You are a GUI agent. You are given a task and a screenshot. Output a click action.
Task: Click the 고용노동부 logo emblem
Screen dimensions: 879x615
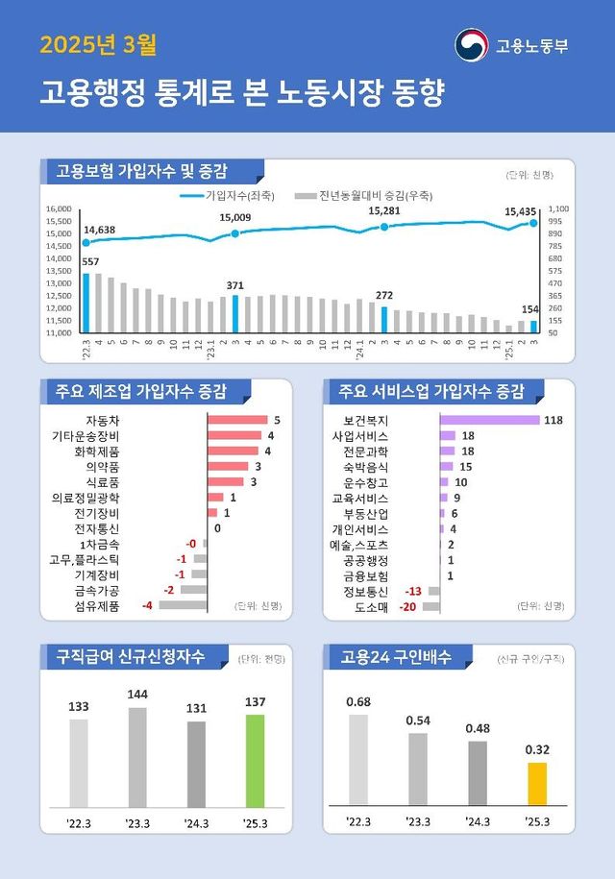pyautogui.click(x=471, y=45)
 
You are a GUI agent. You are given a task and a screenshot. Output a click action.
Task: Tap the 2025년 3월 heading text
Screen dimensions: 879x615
pyautogui.click(x=97, y=44)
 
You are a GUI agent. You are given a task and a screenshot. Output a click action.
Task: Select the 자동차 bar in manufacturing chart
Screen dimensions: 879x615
pyautogui.click(x=237, y=420)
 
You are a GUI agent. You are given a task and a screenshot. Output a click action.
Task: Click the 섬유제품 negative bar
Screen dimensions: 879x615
pyautogui.click(x=183, y=605)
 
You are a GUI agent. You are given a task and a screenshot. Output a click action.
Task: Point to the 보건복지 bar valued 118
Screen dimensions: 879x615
pyautogui.click(x=489, y=420)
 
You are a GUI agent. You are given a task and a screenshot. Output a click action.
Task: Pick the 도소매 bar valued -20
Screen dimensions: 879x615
pyautogui.click(x=430, y=606)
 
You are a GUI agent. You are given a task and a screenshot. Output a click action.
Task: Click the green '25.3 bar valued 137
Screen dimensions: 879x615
pyautogui.click(x=255, y=760)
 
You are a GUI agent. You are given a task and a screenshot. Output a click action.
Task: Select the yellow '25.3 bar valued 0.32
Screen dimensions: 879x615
pyautogui.click(x=537, y=783)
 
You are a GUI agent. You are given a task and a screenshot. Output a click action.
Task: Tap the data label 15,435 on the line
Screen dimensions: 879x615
pyautogui.click(x=522, y=210)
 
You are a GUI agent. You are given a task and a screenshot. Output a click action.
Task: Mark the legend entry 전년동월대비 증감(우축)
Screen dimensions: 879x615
pyautogui.click(x=357, y=195)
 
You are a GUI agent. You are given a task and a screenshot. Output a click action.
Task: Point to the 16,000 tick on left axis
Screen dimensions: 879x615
pyautogui.click(x=60, y=208)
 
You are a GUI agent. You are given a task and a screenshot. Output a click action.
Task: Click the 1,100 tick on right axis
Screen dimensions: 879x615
pyautogui.click(x=559, y=208)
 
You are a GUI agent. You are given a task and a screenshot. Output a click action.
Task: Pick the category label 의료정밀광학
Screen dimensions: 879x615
pyautogui.click(x=86, y=498)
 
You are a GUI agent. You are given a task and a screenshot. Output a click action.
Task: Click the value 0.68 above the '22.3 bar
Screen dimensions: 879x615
pyautogui.click(x=357, y=701)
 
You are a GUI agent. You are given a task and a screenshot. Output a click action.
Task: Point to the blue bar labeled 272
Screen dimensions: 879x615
pyautogui.click(x=384, y=320)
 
